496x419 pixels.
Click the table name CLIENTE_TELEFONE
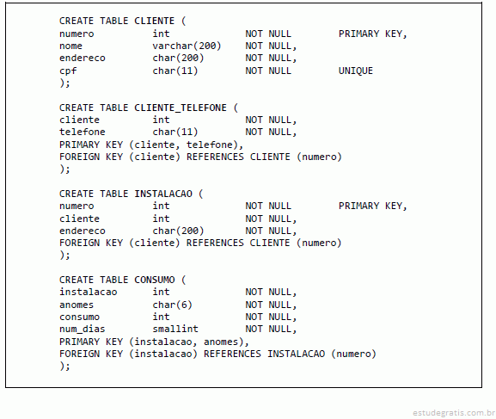coord(181,108)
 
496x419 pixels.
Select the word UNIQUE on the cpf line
coord(356,71)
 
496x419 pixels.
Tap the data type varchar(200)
coord(187,46)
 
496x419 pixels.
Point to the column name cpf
coord(68,71)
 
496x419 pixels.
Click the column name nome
coord(70,46)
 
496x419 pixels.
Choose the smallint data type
coord(175,329)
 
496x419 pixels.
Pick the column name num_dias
coord(83,330)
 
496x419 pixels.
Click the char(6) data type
coord(172,305)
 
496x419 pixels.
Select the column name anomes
coord(77,305)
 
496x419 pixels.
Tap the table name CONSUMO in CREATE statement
coord(155,280)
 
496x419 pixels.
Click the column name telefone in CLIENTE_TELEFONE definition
coord(83,132)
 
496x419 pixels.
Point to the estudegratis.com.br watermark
coord(454,413)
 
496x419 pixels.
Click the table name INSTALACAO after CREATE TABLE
coord(163,194)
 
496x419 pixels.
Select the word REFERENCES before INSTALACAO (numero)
coord(232,354)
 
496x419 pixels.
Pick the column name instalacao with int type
coord(89,292)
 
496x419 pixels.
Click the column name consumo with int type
coord(79,317)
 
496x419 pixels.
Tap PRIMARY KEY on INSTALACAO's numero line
coord(373,206)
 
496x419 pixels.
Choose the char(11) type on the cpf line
coord(175,71)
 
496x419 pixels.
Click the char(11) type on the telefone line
coord(175,132)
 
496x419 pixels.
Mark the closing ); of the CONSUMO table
coord(64,367)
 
